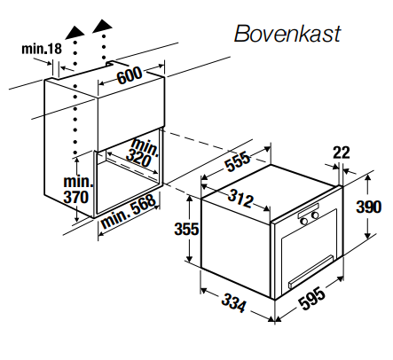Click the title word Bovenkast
[x=287, y=35]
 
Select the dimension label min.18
[x=41, y=48]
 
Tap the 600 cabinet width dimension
[x=130, y=76]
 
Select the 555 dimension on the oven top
[x=235, y=161]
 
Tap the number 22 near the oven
[x=342, y=153]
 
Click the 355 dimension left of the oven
[x=185, y=229]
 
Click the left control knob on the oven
[x=303, y=218]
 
